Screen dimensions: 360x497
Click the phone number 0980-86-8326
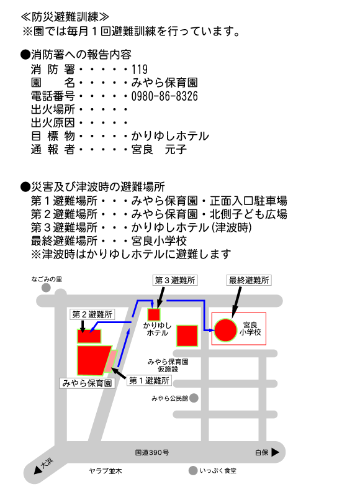point(164,96)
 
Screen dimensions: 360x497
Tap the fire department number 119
point(140,70)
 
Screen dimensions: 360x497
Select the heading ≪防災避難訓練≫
point(65,17)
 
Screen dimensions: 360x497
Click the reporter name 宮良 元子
point(160,149)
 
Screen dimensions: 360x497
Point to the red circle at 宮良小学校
point(225,330)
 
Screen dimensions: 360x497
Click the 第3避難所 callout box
point(175,280)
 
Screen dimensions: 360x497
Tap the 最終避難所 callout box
point(249,280)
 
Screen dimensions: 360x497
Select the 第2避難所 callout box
point(92,314)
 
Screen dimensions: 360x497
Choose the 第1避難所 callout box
point(149,380)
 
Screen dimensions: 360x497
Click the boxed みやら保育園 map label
point(87,383)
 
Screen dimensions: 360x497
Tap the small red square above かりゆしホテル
point(154,315)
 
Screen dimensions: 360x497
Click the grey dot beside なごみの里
point(46,288)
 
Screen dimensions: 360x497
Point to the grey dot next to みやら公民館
point(194,398)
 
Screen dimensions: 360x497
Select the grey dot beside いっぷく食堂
point(193,471)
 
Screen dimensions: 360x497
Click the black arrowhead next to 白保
point(275,452)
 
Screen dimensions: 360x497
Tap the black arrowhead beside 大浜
point(38,470)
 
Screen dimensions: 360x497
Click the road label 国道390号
point(152,452)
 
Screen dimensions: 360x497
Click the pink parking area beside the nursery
point(111,361)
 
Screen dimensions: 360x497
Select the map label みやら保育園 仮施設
point(168,365)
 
